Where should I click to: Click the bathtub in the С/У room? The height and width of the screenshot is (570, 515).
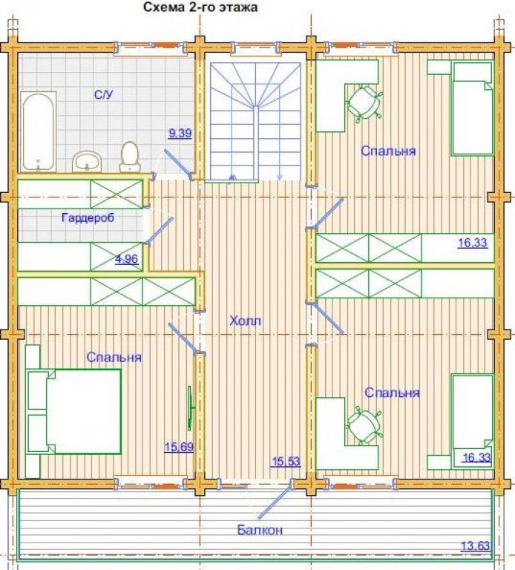pos(39,132)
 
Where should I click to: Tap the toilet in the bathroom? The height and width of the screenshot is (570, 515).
pos(130,157)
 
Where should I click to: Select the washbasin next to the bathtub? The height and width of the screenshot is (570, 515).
pos(87,161)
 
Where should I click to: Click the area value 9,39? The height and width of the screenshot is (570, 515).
pos(180,133)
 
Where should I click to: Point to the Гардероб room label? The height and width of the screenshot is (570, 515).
pos(88,217)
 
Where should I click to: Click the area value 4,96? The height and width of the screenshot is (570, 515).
pos(126,259)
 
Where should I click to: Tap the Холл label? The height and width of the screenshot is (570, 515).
pos(246,321)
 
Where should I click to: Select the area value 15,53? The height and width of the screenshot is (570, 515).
pos(286,462)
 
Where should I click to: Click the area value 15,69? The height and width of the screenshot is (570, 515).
pos(179,446)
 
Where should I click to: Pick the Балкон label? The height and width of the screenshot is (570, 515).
pos(260,530)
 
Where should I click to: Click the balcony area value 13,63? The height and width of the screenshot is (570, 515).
pos(476,546)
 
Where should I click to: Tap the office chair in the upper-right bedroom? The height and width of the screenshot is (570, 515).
pos(364,102)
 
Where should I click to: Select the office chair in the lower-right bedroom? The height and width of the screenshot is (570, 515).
pos(364,427)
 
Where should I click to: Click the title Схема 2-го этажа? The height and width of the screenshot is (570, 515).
pos(200,7)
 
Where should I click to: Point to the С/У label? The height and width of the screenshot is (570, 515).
pos(104,95)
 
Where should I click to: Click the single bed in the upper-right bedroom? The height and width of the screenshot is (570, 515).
pos(472,108)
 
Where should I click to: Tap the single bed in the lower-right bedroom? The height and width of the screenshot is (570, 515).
pos(472,422)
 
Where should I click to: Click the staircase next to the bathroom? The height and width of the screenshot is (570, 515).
pos(255,121)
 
